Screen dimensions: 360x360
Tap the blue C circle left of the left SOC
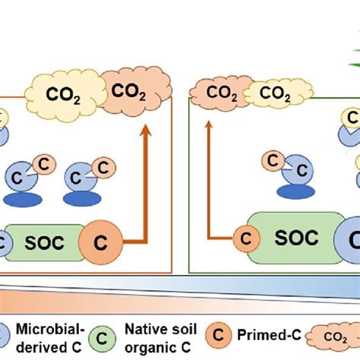pos(4,244)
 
